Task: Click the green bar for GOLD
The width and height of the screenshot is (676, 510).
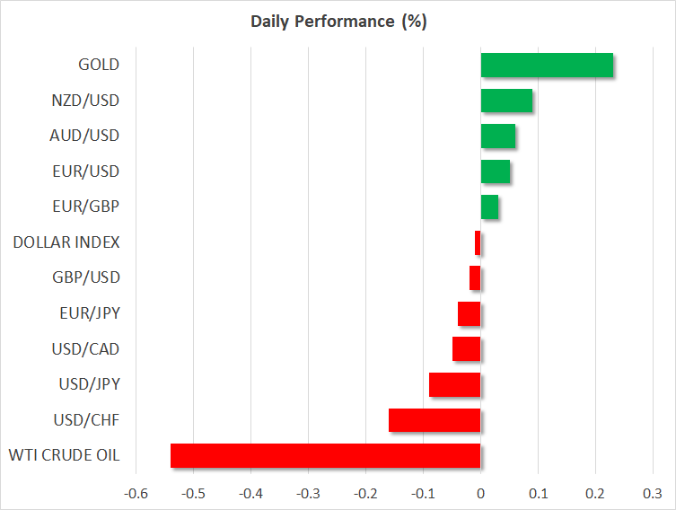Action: [547, 65]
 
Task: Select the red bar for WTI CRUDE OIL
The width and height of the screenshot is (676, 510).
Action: [325, 455]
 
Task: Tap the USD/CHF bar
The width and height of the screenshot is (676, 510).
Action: [435, 420]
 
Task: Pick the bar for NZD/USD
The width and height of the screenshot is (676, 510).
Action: [506, 101]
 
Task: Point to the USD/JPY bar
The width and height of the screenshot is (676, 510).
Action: [454, 384]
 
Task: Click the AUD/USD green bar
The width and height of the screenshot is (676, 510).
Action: [497, 136]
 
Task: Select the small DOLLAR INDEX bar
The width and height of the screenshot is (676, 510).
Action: [478, 242]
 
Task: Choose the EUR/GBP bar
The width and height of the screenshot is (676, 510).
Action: [489, 207]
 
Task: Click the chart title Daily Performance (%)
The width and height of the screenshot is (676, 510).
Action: [338, 22]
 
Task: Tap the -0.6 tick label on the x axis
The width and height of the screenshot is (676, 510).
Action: [136, 493]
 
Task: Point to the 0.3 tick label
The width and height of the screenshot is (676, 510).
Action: [653, 493]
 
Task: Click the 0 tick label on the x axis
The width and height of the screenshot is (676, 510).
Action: [480, 493]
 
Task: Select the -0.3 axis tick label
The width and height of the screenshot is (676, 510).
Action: [308, 493]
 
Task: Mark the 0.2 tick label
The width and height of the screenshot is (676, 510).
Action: [595, 493]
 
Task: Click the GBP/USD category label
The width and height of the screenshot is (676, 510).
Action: [88, 277]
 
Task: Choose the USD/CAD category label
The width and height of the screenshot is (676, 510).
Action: [88, 348]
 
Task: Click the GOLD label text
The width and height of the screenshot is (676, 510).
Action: [99, 65]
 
